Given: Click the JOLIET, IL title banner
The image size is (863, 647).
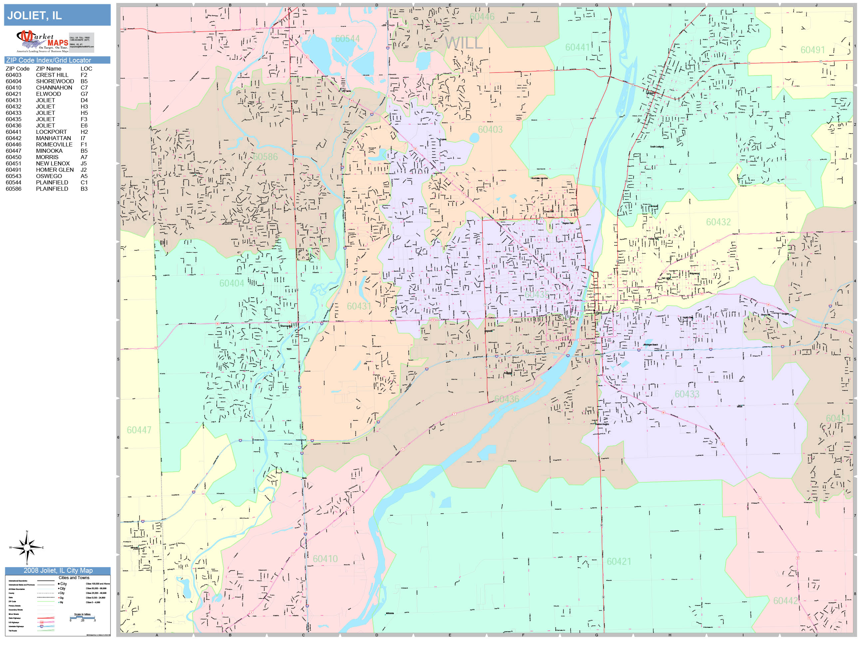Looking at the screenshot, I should (x=57, y=15).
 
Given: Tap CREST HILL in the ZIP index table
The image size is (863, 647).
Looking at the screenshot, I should (x=52, y=75).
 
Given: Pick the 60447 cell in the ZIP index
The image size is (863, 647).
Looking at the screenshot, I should (x=13, y=151).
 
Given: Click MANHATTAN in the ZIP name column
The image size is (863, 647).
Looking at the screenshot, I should (x=54, y=138).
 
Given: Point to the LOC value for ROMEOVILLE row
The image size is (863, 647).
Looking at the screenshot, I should (x=84, y=144).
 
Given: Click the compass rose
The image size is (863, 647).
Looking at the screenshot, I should (x=27, y=547).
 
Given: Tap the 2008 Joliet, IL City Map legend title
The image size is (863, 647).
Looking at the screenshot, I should (x=58, y=570).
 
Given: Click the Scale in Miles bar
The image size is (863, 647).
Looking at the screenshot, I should (x=82, y=617).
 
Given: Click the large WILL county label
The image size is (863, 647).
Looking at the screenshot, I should (x=463, y=43).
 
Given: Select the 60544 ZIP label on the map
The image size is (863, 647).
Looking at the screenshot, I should (x=347, y=39).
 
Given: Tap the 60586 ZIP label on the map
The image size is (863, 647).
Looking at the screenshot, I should (x=265, y=157).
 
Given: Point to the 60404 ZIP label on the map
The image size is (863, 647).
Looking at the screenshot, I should (x=231, y=283).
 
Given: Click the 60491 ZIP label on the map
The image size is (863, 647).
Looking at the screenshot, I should (x=813, y=50).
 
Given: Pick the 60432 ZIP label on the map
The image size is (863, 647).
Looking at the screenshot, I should (x=718, y=222).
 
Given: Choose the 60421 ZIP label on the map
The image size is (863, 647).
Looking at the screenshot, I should (x=619, y=561).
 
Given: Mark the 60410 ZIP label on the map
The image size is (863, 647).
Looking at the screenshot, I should (x=325, y=559).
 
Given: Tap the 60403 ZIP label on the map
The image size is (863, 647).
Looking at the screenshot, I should (x=490, y=129).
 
